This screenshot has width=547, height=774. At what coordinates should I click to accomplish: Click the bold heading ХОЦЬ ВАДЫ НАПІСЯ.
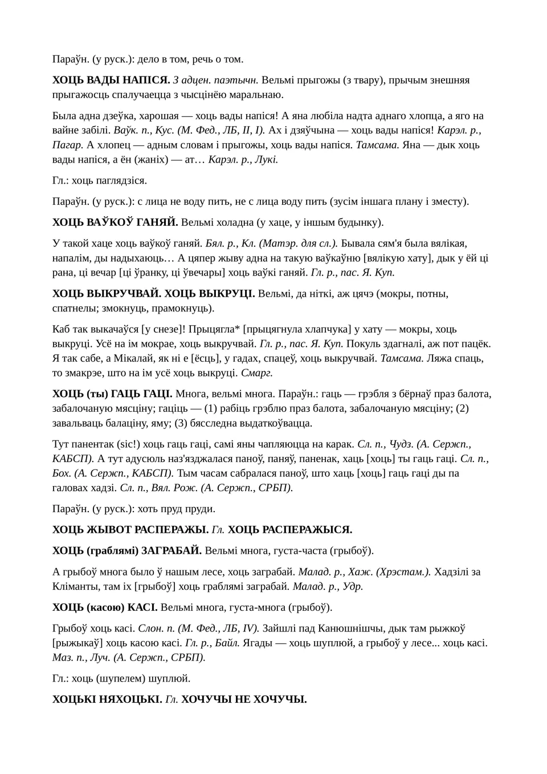tap(111, 80)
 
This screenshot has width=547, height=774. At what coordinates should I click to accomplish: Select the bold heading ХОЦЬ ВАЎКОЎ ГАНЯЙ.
tap(115, 222)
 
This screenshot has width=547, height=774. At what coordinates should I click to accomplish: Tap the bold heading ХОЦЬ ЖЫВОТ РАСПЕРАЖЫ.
tap(130, 529)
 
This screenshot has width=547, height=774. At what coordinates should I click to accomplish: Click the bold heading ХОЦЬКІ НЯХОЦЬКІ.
tap(107, 699)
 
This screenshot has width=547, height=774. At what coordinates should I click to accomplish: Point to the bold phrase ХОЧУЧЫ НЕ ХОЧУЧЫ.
tap(244, 699)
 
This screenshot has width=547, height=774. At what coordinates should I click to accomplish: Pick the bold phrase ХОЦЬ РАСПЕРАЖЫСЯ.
tap(290, 529)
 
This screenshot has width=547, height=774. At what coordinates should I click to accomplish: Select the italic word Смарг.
tap(257, 373)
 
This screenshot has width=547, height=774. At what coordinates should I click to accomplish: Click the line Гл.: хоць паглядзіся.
tap(100, 180)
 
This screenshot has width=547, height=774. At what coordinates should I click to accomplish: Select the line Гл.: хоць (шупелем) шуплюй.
tap(121, 678)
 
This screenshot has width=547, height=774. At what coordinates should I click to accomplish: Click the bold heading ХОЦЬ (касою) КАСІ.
tap(105, 607)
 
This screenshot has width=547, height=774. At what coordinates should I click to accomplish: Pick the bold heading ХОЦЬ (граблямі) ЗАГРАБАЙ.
tap(126, 550)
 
